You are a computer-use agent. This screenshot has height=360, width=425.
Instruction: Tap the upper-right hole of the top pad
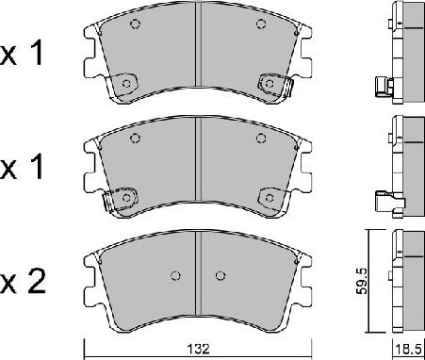261,25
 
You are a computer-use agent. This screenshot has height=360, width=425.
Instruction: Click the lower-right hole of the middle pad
269,198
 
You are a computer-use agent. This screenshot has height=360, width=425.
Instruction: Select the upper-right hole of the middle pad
261,139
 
